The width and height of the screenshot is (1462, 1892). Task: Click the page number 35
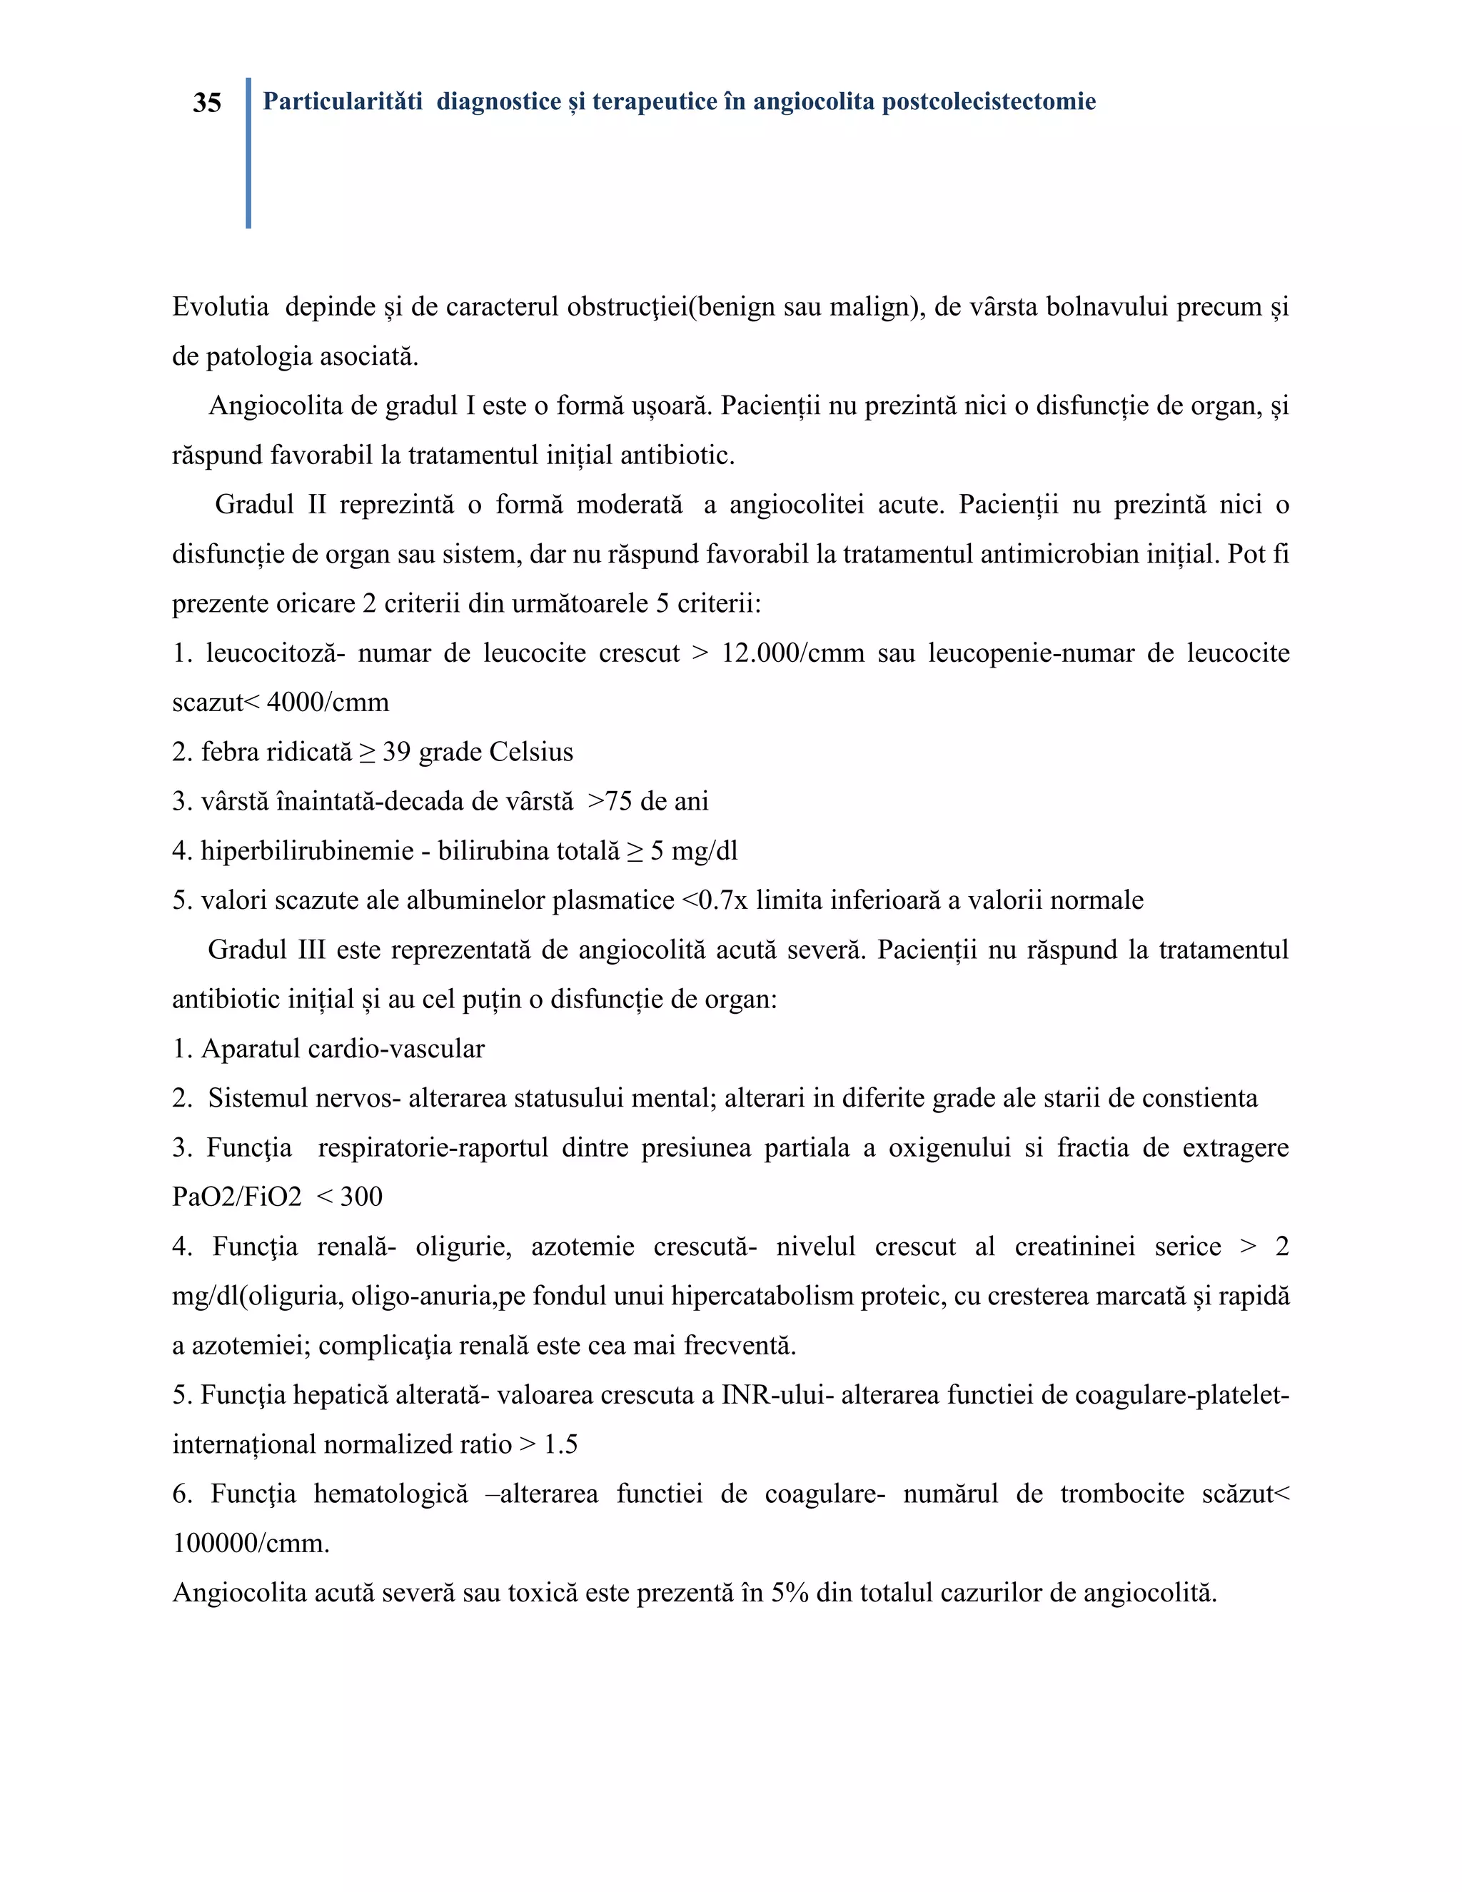pos(207,103)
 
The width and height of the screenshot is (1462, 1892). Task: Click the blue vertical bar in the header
pos(248,153)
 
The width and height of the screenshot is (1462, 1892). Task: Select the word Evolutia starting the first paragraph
pos(220,307)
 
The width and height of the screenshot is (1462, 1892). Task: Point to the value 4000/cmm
pos(328,702)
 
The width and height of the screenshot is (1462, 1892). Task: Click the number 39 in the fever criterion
pos(395,751)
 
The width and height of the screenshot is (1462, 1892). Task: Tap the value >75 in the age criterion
pos(610,800)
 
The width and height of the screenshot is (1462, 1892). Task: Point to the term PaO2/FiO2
pos(236,1197)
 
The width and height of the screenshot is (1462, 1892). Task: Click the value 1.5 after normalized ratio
pos(560,1444)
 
